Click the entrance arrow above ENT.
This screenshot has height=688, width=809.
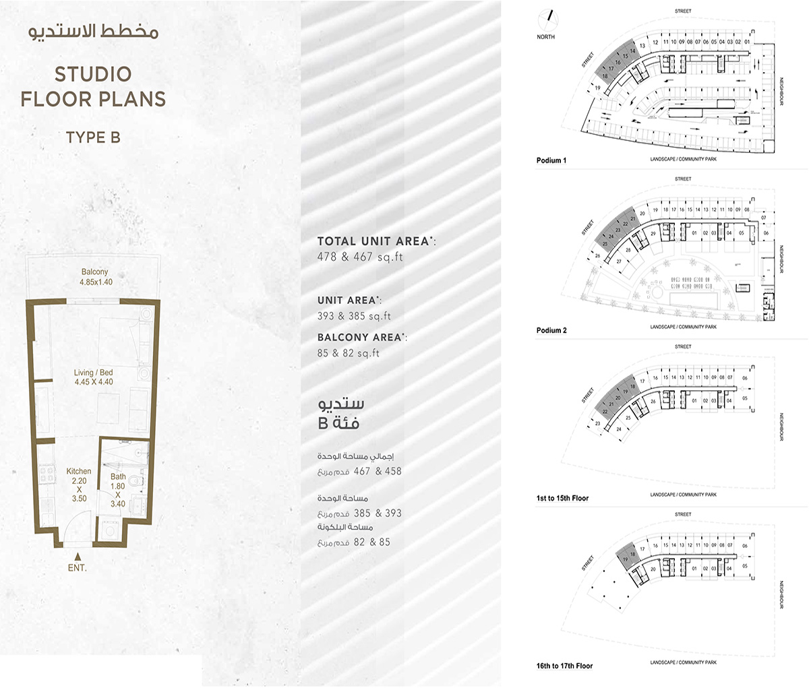click(78, 557)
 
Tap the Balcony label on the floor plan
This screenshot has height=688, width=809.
click(94, 272)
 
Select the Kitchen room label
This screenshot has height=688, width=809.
click(79, 472)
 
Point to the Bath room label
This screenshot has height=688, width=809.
click(118, 477)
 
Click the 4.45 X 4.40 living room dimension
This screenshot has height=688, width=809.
click(94, 382)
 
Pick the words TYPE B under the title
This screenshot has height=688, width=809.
click(93, 137)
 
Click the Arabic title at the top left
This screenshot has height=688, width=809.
click(94, 32)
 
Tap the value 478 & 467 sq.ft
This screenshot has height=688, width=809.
click(360, 257)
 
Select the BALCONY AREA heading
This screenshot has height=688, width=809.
click(361, 338)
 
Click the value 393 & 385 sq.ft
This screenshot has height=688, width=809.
click(354, 316)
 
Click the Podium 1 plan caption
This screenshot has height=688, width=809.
click(551, 160)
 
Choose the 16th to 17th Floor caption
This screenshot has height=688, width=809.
click(564, 666)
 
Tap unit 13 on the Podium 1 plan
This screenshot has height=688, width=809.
click(642, 46)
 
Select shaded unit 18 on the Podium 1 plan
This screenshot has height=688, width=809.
click(605, 76)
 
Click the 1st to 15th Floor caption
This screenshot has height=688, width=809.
click(562, 498)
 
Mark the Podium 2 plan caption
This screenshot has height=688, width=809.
click(551, 330)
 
